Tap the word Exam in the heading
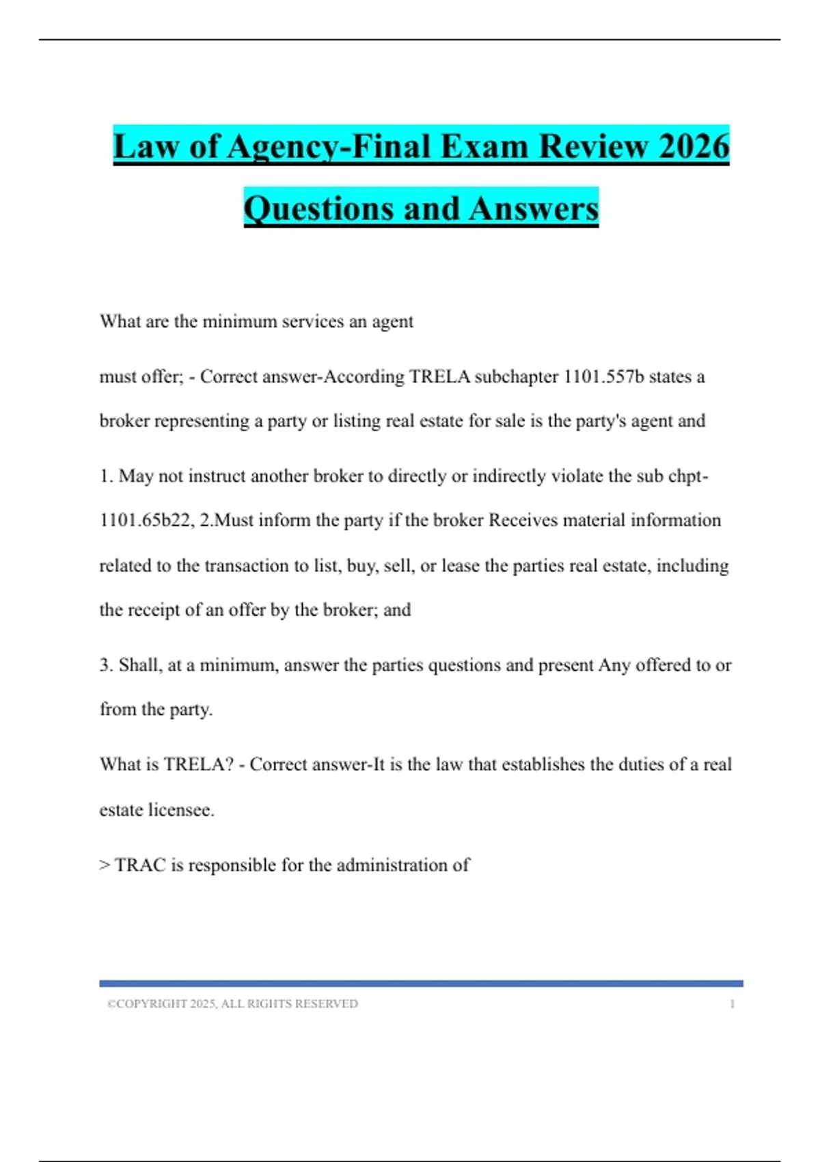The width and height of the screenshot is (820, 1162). pos(483,147)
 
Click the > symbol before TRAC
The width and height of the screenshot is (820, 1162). pos(105,865)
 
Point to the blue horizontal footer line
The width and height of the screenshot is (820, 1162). pos(421,984)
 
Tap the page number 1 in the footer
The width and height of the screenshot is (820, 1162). pos(733,1004)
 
